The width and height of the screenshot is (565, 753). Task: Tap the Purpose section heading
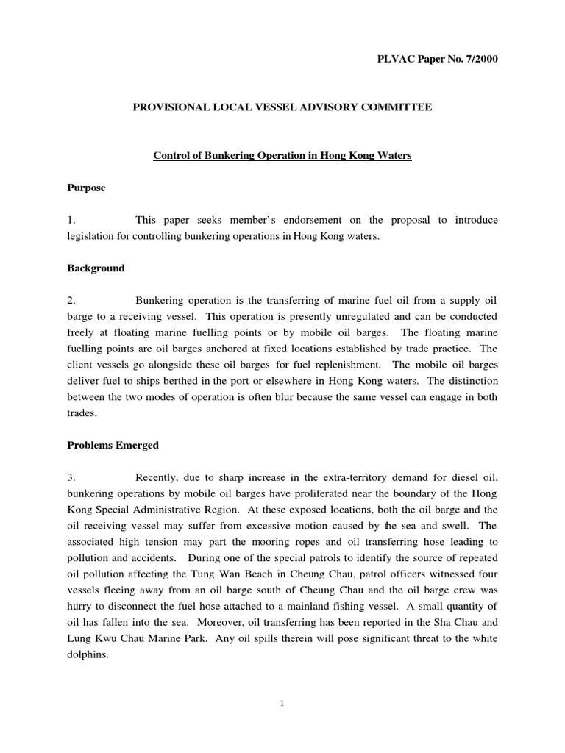point(86,188)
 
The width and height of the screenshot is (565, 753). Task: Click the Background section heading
point(96,268)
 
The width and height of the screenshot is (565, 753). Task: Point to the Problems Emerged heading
point(113,445)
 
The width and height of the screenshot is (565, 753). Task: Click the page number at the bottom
point(282,704)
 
